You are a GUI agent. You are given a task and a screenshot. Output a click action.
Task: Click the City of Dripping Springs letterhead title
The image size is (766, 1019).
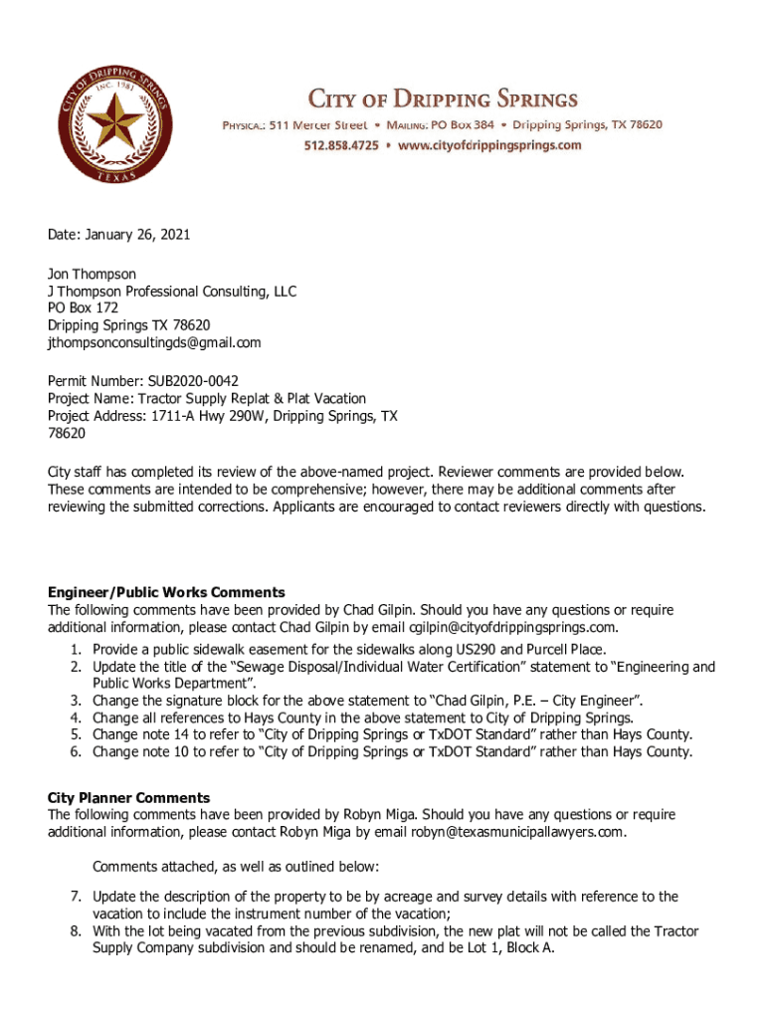click(x=442, y=99)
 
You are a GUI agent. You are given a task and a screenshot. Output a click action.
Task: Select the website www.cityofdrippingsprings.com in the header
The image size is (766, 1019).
click(x=489, y=145)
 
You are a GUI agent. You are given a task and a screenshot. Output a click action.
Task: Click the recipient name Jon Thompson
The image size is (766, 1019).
click(x=92, y=273)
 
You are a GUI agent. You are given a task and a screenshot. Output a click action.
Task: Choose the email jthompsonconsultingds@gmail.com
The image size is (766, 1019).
click(x=154, y=342)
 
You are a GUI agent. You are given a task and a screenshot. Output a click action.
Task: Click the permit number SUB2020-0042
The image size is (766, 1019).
click(x=193, y=380)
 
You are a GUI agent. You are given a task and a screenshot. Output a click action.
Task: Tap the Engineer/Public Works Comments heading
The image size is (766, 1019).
click(x=166, y=592)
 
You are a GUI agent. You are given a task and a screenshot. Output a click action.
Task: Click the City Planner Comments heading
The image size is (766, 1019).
click(x=128, y=797)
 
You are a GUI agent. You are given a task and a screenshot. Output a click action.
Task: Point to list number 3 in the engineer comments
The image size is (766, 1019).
click(x=76, y=700)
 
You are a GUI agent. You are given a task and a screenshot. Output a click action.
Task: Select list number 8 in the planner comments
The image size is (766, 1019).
click(x=76, y=931)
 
